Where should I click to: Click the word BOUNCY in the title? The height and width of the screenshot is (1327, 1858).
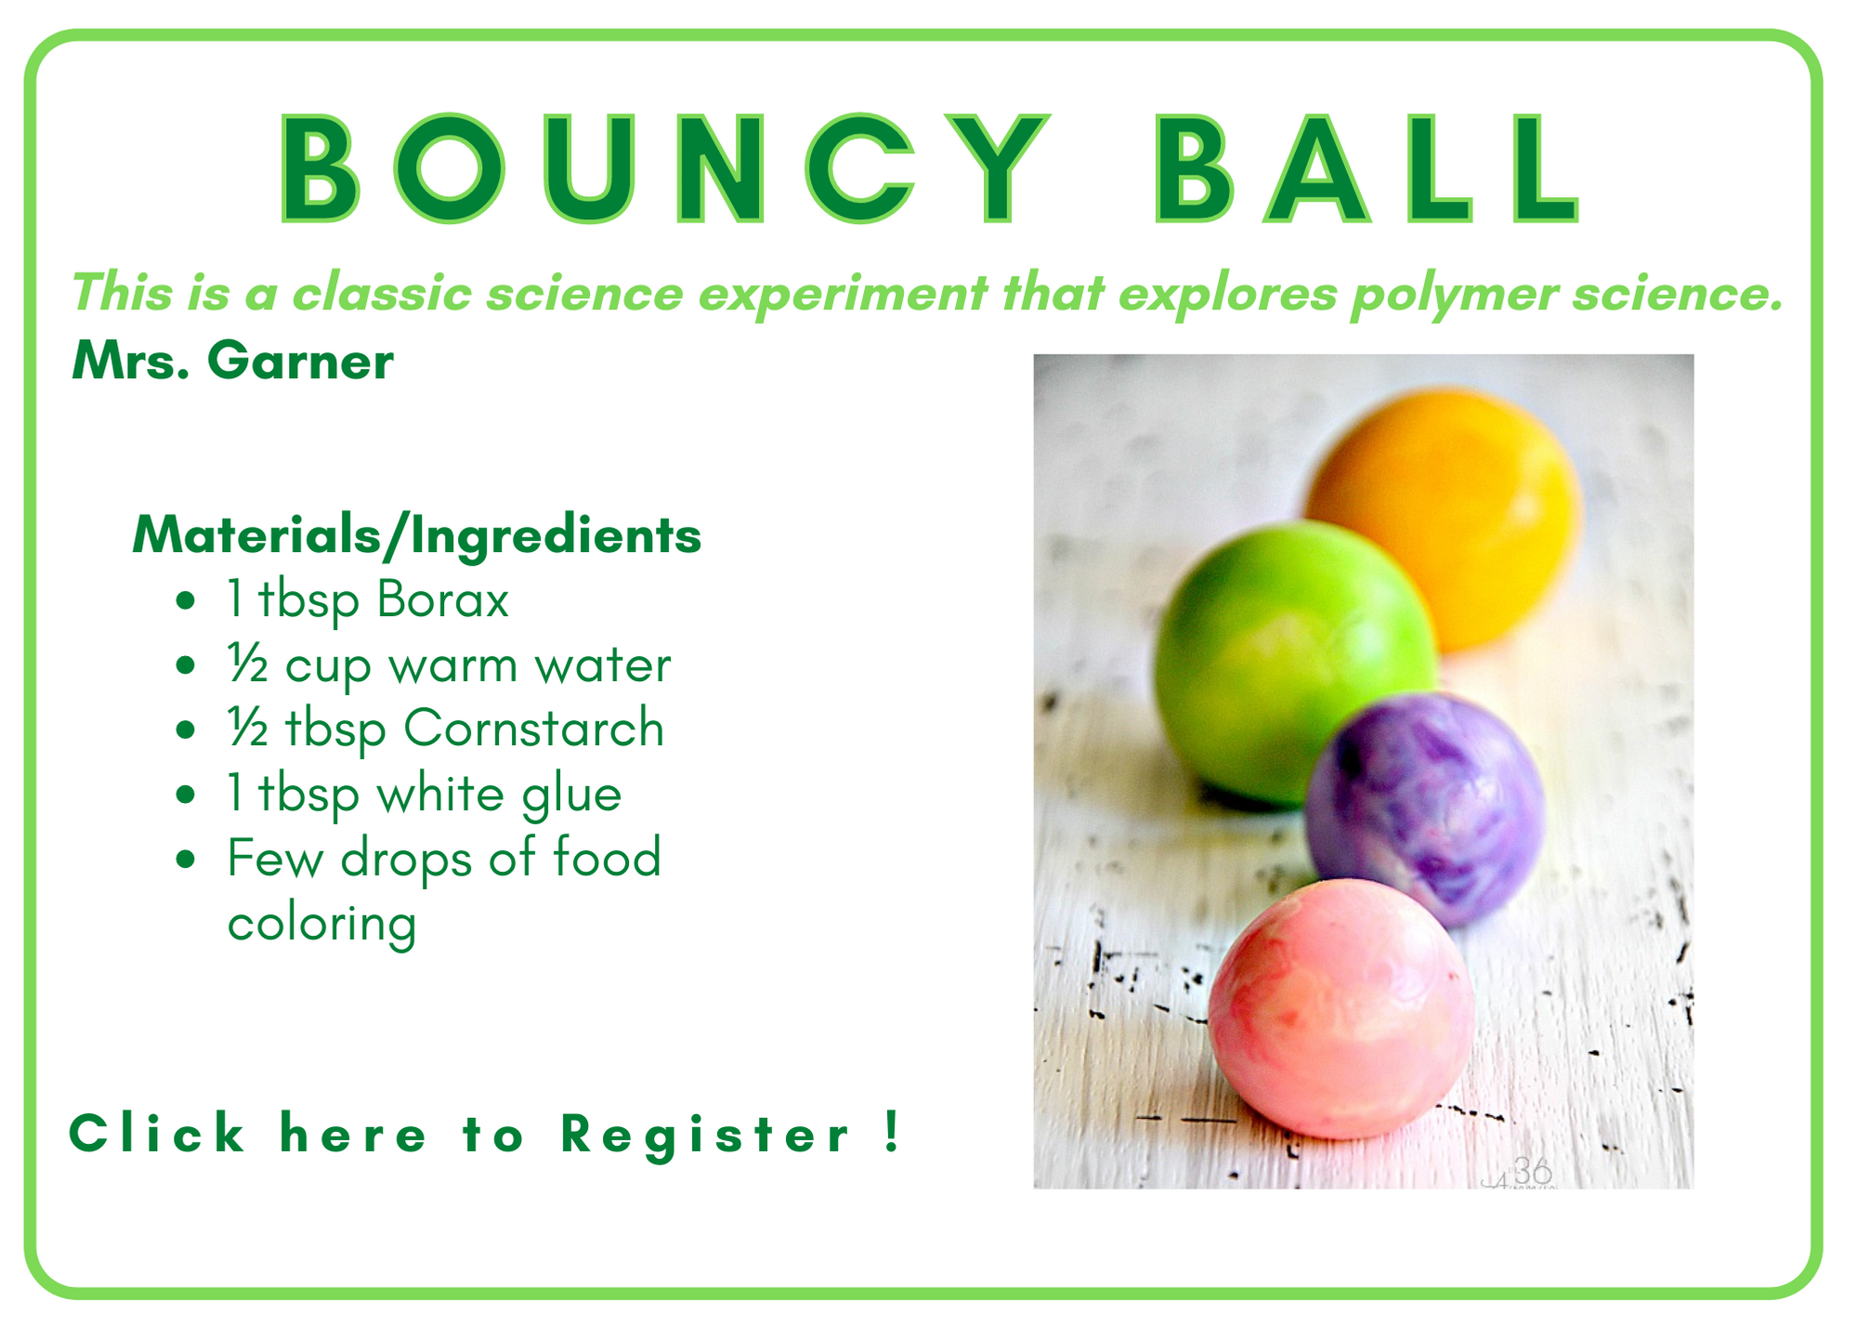[663, 169]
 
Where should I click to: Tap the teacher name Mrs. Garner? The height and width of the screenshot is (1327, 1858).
[233, 361]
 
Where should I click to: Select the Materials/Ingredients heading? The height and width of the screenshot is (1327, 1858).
[417, 536]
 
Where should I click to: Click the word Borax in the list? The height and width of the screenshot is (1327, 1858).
[443, 599]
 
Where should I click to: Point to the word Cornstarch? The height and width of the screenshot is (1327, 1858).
[534, 728]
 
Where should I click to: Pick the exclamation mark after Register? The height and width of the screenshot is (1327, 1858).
[892, 1132]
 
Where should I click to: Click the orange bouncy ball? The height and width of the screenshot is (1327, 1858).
[1446, 519]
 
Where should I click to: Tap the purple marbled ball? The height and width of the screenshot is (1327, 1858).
[1424, 808]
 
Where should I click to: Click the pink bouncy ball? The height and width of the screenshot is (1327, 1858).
[1341, 1009]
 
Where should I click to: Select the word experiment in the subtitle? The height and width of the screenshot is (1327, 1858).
[843, 294]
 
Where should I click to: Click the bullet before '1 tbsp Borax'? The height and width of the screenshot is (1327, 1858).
[187, 600]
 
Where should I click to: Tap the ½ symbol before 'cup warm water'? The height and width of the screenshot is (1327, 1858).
[247, 665]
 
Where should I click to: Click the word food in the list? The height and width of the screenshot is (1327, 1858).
[608, 857]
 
